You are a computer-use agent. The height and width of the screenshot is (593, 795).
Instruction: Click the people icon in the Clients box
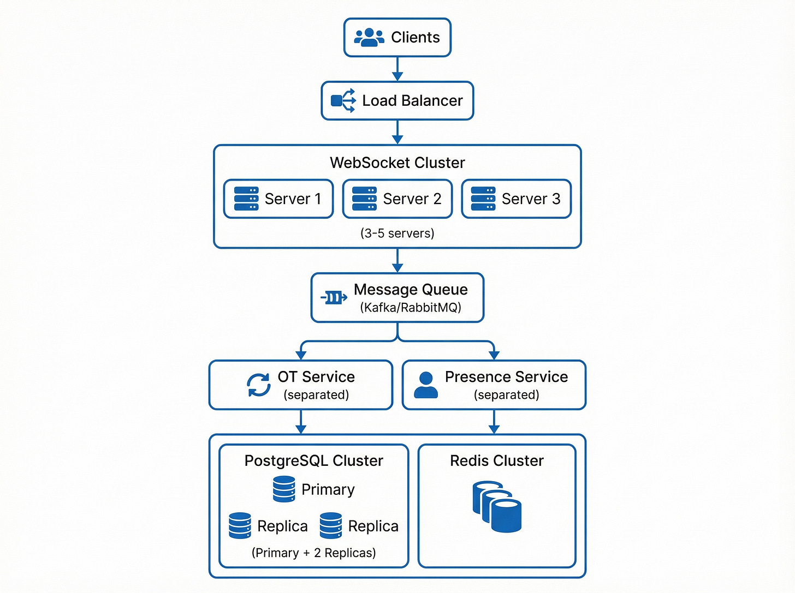point(369,37)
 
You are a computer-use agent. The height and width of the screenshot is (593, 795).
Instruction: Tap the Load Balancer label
point(412,101)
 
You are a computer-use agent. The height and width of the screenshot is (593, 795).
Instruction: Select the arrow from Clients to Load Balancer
point(397,69)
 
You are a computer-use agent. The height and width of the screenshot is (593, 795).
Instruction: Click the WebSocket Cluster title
point(397,163)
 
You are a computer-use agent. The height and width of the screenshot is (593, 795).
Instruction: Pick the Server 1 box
point(278,199)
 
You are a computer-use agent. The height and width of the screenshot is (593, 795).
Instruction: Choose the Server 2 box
point(397,199)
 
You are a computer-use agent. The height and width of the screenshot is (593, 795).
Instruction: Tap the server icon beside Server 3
point(483,199)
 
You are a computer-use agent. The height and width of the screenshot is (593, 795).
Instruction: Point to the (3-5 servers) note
point(397,233)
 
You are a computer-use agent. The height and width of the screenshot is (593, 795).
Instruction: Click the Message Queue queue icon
point(334,297)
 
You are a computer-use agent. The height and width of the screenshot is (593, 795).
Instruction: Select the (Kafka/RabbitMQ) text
point(411,308)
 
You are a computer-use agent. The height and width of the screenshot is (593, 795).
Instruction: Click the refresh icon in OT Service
point(258,385)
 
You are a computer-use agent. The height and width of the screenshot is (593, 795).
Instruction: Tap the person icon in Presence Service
point(426,385)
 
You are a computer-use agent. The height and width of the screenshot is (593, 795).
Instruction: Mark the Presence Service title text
point(506,377)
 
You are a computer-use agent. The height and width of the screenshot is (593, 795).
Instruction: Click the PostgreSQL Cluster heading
point(313,461)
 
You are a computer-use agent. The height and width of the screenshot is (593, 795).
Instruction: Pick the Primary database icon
point(284,489)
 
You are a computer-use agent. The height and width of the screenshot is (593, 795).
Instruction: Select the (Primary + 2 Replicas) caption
point(313,553)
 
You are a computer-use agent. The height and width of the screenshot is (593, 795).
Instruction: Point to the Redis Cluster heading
point(497,461)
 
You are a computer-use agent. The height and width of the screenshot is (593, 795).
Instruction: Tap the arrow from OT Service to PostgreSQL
point(301,422)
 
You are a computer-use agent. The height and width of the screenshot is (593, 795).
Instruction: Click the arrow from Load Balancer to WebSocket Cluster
point(397,133)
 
